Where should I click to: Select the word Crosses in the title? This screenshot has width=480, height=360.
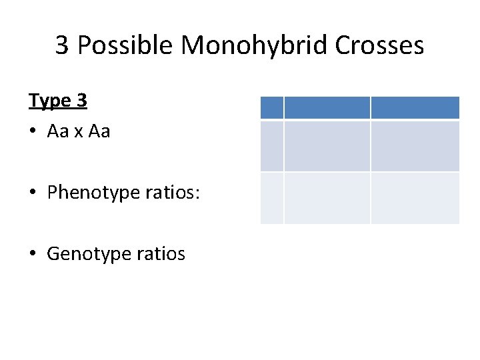click(380, 46)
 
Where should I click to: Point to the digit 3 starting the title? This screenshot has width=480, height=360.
click(62, 46)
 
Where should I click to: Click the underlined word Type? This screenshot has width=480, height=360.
click(50, 101)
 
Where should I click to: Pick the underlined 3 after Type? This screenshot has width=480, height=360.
click(81, 101)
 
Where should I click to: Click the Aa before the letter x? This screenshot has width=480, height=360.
click(59, 132)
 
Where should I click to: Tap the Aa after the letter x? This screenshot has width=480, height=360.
click(99, 132)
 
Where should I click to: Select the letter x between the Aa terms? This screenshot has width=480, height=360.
click(79, 133)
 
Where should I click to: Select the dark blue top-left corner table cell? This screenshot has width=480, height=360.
click(271, 108)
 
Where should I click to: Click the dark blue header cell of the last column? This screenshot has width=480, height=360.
click(415, 108)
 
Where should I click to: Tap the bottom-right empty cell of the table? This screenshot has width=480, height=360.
click(415, 198)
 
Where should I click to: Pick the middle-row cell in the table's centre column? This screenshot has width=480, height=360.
click(327, 146)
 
